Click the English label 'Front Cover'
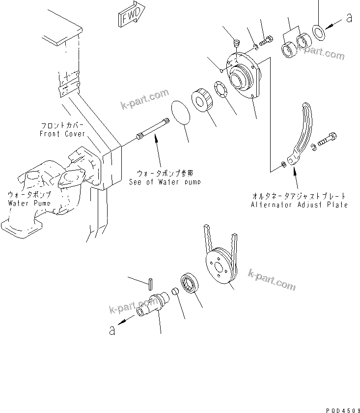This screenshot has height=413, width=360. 62,134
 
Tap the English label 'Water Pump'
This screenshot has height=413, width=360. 25,202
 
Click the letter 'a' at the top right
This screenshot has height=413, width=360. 349,18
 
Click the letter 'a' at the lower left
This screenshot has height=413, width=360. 112,331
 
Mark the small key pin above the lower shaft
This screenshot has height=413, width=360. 151,282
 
